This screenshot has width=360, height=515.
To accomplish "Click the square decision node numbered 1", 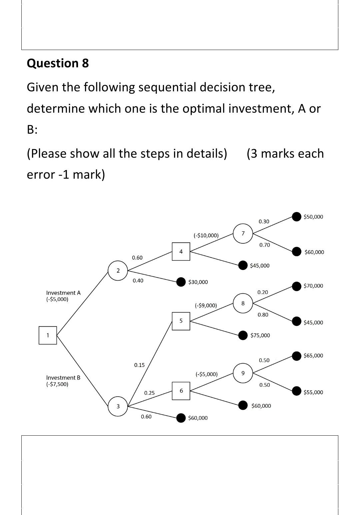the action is (48, 335).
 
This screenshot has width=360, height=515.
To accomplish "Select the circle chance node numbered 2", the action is (118, 271).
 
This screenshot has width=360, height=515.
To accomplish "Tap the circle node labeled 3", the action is (118, 406).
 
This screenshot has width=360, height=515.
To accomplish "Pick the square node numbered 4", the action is (181, 252).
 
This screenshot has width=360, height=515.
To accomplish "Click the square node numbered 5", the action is (181, 321).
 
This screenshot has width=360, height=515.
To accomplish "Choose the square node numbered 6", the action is (181, 391).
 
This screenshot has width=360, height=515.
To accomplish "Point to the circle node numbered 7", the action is (243, 233).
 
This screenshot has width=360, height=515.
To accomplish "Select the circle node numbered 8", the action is (243, 303).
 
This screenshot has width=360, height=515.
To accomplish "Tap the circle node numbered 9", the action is (243, 373).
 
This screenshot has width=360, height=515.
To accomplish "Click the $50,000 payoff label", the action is (313, 217).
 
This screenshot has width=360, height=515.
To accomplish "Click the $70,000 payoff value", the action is (313, 286).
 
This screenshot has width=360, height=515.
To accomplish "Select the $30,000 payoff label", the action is (198, 282).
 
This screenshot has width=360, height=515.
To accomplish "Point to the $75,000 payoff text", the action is (260, 335).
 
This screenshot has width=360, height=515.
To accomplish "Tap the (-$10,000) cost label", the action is (206, 235).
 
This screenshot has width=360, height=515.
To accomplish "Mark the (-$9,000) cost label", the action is (206, 305).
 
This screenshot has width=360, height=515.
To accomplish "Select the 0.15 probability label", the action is (139, 365).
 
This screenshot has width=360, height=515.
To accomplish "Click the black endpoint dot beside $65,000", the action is (297, 356).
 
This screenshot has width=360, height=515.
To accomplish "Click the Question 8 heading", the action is (58, 63).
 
